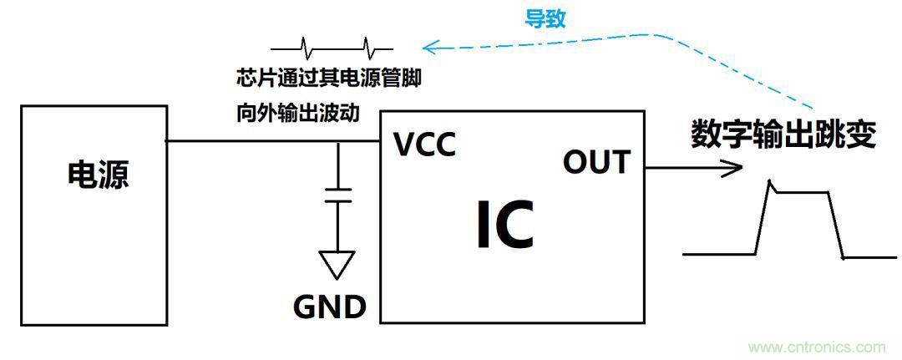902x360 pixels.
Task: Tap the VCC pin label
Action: click(425, 145)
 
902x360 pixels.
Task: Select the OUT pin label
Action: click(596, 161)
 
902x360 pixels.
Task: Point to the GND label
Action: click(330, 307)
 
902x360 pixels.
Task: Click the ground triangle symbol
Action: click(337, 264)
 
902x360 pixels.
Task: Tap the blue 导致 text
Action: click(545, 19)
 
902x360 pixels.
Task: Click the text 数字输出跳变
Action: click(783, 134)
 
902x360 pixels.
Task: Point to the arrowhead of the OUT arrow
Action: click(735, 168)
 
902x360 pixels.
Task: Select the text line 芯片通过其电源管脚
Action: click(328, 79)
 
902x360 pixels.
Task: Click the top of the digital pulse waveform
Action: click(798, 191)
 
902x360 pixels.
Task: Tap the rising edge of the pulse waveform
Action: click(763, 219)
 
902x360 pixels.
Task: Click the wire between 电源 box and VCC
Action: click(251, 141)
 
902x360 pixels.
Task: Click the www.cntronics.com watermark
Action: click(817, 347)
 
